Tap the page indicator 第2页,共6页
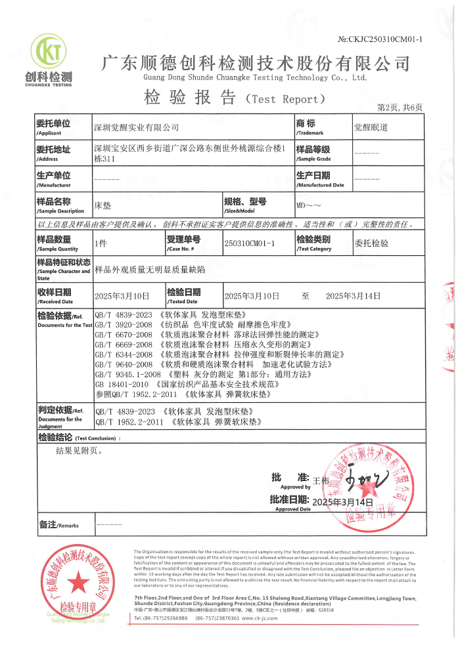pos(399,107)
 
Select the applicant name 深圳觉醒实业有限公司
pos(137,127)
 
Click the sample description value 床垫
pos(103,205)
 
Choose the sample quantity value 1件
pos(101,243)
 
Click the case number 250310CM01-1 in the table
pos(248,243)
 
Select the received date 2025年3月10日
pos(122,296)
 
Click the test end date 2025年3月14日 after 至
pos(353,296)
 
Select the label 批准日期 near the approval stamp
pos(289,501)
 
